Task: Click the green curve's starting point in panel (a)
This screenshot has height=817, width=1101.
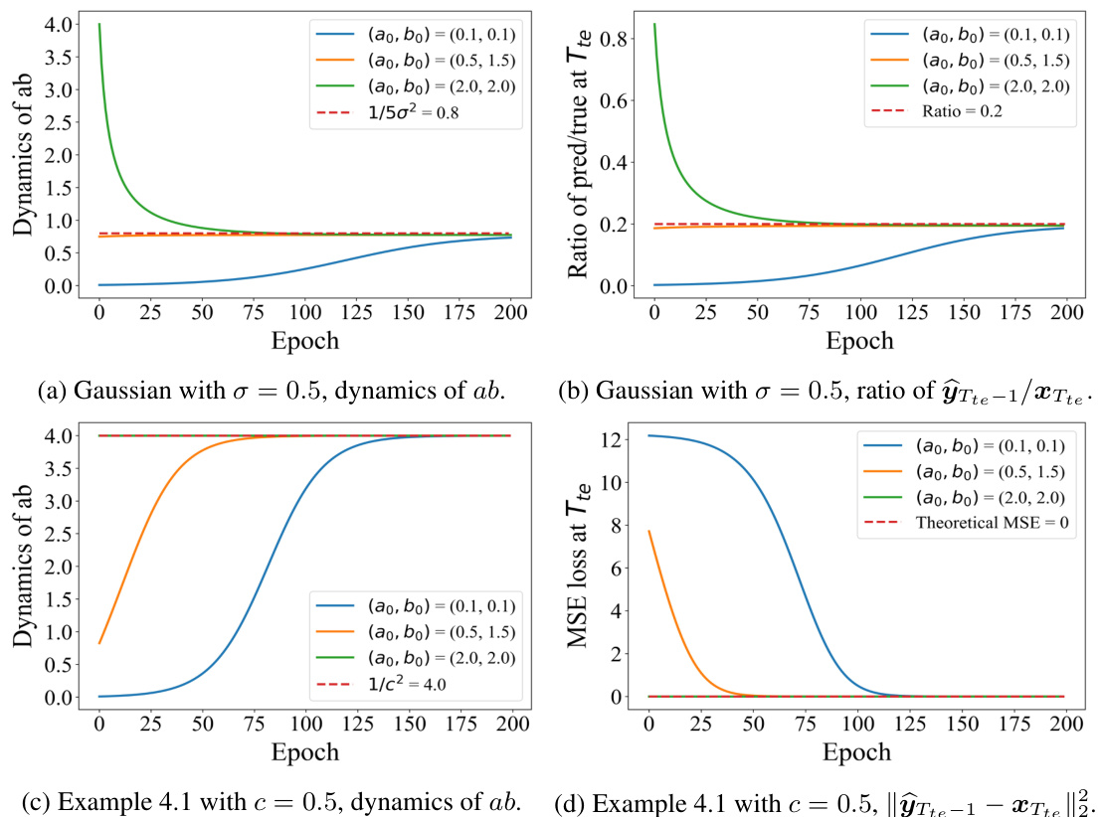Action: [x=99, y=25]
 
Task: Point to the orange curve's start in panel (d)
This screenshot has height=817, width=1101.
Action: [x=649, y=531]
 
